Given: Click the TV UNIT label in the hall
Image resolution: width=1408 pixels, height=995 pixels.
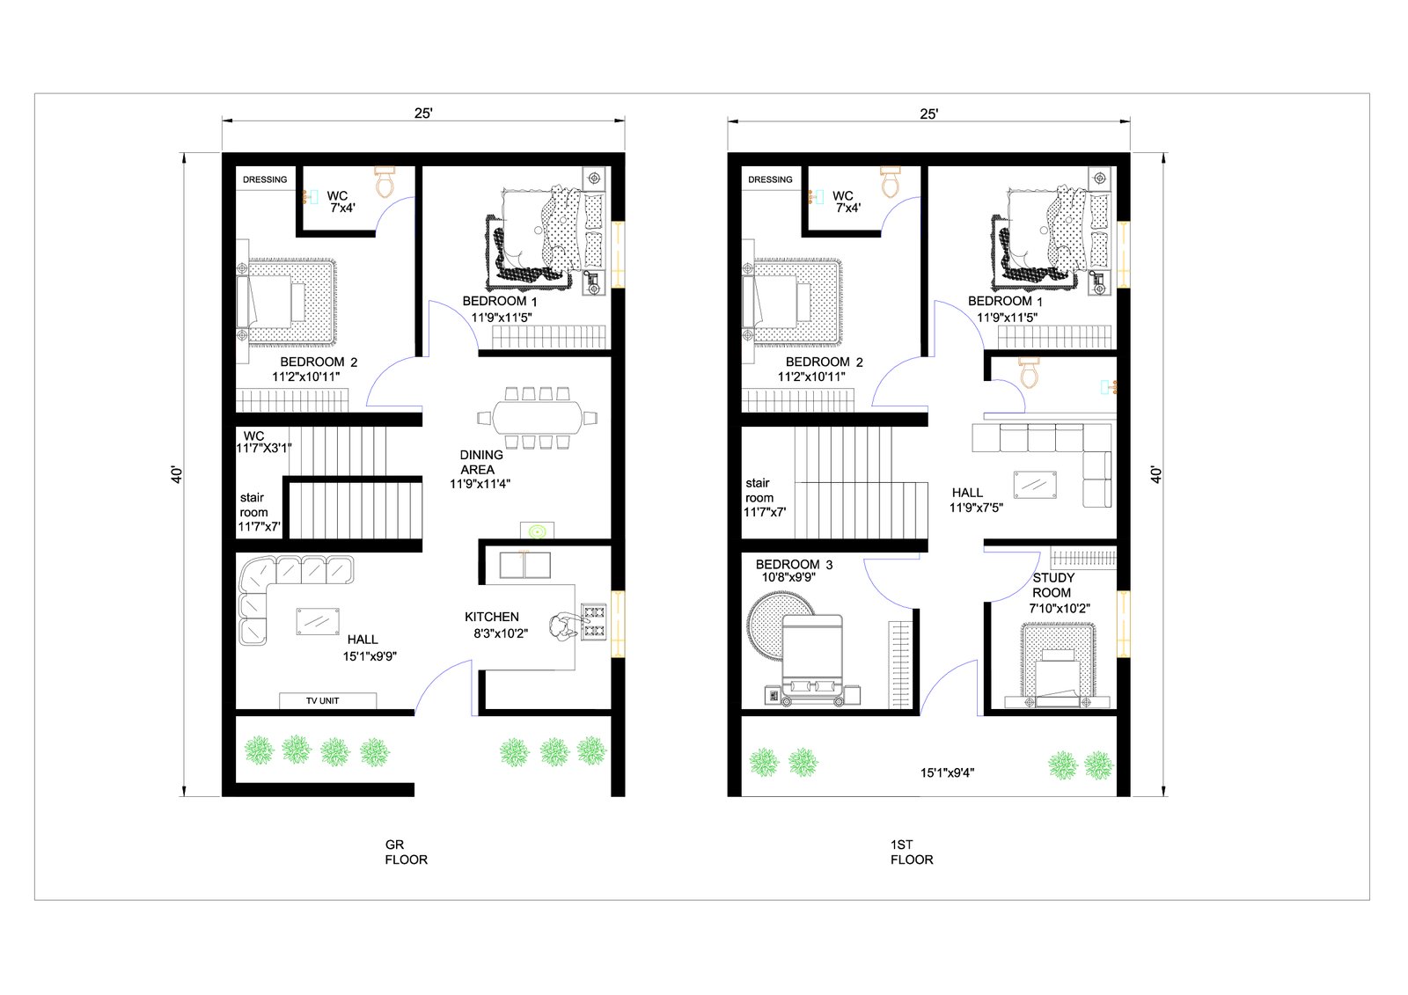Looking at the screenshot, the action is point(322,701).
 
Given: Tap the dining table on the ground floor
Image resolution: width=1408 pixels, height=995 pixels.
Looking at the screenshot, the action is point(537,418).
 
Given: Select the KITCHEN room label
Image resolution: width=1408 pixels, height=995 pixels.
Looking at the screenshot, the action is point(492,618).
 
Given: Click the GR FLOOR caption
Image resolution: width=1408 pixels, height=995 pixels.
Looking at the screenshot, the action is point(406,852).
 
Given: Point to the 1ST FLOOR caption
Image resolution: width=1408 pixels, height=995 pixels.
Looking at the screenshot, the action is point(912,852).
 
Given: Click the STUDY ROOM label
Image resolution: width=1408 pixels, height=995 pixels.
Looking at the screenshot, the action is point(1053,585).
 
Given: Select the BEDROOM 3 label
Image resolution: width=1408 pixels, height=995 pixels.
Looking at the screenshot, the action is point(794,565).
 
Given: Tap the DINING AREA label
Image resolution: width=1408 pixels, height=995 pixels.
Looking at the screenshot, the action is point(480,462).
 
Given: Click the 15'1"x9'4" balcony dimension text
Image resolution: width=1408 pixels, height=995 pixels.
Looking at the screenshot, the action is point(947,773).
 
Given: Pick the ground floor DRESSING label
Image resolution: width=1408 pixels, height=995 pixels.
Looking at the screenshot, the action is point(265,179).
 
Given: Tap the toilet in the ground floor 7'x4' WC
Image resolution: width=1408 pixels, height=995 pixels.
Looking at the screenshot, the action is point(385,182).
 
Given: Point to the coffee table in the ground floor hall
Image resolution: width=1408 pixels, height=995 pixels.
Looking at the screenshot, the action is point(318,622).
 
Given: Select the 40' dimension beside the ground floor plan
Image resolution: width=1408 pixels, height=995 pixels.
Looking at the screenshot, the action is point(177,474).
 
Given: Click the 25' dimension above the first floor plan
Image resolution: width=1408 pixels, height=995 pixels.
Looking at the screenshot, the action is point(929,113).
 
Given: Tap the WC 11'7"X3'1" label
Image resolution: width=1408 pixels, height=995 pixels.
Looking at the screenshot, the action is point(263,442).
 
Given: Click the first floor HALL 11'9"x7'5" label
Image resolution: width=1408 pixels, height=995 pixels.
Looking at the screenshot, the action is point(976,501).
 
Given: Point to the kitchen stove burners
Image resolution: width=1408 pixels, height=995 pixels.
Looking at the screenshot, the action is point(594,622).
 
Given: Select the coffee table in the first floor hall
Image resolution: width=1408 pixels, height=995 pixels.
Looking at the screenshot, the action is point(1035,486).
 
